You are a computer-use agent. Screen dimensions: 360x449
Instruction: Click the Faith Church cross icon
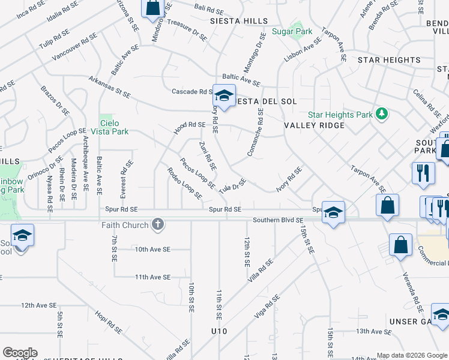(x=158, y=225)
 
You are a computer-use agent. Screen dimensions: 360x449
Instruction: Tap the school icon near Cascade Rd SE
(x=224, y=96)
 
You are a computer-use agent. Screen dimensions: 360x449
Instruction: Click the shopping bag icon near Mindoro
(x=152, y=8)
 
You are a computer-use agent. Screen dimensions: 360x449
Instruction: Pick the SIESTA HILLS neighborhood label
(x=239, y=21)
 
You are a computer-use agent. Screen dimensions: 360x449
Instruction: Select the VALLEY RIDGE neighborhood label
(x=314, y=125)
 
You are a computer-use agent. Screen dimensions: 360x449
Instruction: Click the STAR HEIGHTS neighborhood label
(x=389, y=60)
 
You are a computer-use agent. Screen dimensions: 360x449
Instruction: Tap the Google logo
(x=20, y=353)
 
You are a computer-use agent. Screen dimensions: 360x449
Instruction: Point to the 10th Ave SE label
(x=152, y=249)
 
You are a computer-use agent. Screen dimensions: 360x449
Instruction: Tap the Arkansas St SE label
(x=109, y=86)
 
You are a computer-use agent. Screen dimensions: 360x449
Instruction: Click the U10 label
(x=220, y=331)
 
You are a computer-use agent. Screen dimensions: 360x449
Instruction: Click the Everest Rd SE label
(x=128, y=178)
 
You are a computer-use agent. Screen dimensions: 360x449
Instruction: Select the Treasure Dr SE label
(x=187, y=29)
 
